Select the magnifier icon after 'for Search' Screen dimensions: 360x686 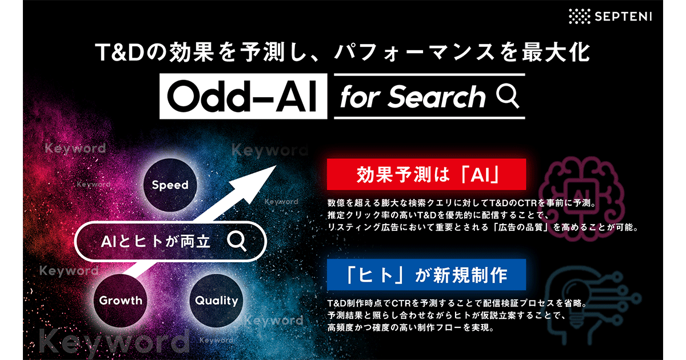pyautogui.click(x=507, y=96)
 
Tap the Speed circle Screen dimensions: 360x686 pyautogui.click(x=170, y=185)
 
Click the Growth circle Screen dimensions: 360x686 pyautogui.click(x=121, y=300)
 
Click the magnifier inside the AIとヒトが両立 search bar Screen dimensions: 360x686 pyautogui.click(x=236, y=241)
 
